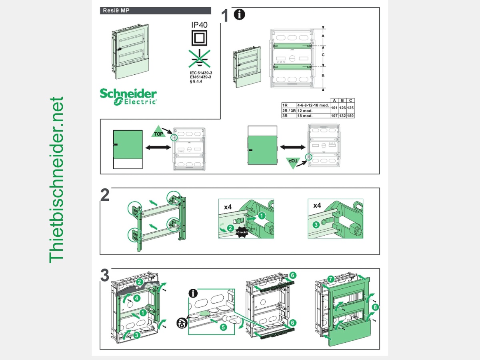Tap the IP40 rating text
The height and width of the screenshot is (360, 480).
coord(199,25)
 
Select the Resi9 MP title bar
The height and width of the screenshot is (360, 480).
coord(155,11)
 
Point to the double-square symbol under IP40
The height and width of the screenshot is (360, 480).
coord(199,39)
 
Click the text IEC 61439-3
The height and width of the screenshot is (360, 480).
coord(201,73)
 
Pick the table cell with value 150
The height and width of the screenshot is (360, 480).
coord(351,116)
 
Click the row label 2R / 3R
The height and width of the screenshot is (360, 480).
coord(289,111)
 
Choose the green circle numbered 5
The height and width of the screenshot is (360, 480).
coord(223,327)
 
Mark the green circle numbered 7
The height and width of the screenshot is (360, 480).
coord(330,278)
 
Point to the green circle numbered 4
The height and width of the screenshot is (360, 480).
coord(137,298)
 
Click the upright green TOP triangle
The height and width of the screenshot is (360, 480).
coord(159,132)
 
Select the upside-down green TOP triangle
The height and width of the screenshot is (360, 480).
coord(293,162)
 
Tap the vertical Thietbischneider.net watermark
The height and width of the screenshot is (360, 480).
coord(56,180)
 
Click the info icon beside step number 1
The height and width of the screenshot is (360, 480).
coord(239,15)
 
